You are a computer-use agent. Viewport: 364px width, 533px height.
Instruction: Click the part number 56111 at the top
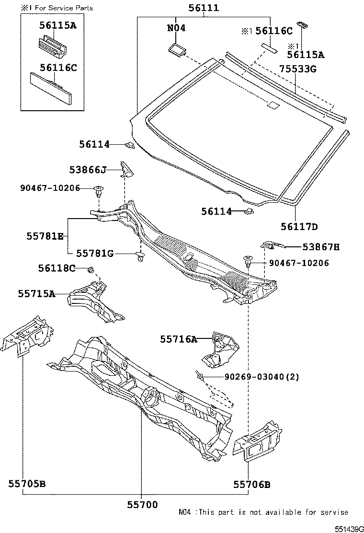coord(204,8)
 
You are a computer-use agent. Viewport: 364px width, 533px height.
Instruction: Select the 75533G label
coord(298,69)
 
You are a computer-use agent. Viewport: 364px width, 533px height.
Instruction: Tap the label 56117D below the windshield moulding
coord(299,227)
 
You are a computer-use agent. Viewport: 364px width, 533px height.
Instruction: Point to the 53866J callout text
coord(88,170)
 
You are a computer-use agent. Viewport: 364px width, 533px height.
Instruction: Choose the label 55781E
coord(45,236)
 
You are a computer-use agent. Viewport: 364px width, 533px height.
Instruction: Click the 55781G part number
coord(95,253)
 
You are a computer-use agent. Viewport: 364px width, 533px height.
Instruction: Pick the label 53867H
coord(320,247)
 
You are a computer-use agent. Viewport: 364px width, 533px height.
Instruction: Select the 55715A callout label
coord(36,293)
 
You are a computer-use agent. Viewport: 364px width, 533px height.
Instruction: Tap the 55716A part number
coord(178,339)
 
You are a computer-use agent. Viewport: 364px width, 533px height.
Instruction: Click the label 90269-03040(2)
coord(262,377)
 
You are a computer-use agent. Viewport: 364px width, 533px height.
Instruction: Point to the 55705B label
coord(26,484)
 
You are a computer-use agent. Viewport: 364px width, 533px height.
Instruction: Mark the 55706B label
coord(252,485)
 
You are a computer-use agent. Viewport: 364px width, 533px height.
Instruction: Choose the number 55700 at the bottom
coord(142,504)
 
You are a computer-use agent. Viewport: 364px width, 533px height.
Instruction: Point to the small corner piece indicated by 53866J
coord(126,169)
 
